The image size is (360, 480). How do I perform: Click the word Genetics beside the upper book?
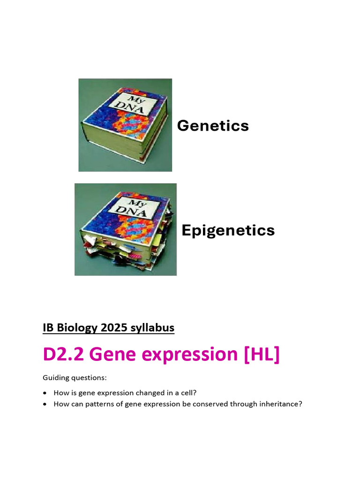pos(212,126)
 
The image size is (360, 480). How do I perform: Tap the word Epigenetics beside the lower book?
pos(228,230)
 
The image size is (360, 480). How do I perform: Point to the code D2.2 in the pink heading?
pos(63,354)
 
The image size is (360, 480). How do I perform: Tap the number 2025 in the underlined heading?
pos(114,328)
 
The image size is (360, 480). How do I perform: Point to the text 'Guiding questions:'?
pos(68,377)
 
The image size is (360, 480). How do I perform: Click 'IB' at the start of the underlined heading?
pos(48,328)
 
